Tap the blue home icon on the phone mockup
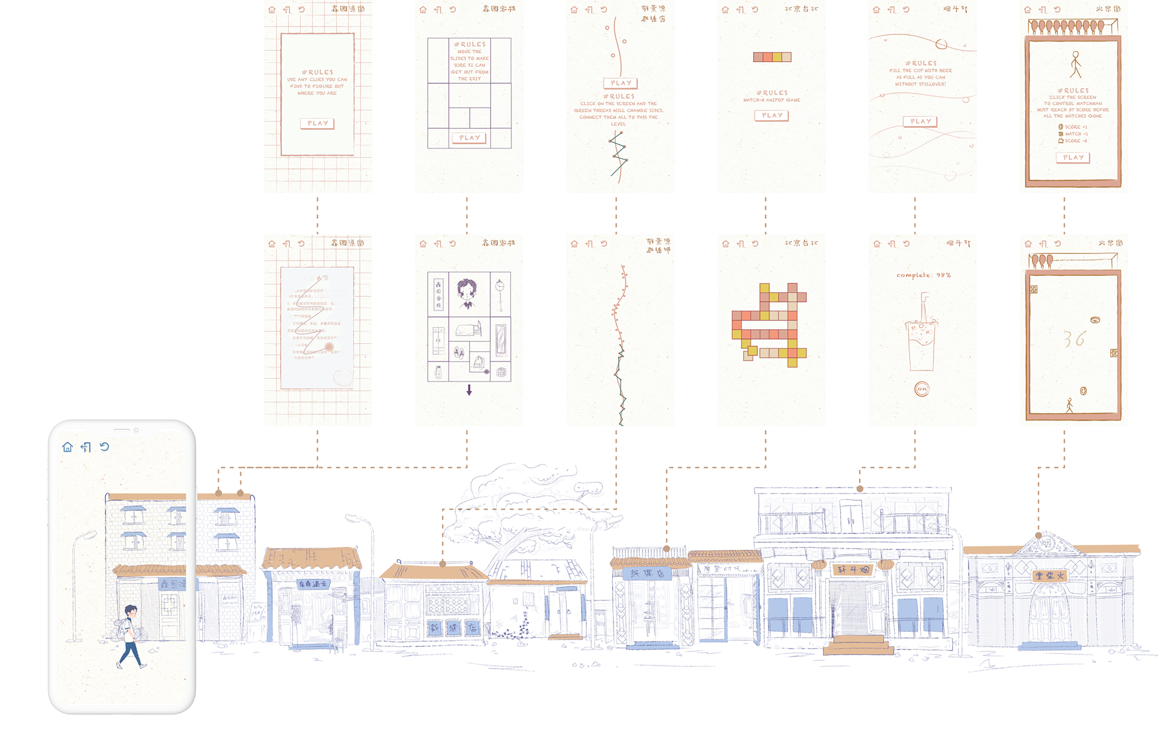[68, 447]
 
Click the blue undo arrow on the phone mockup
[104, 447]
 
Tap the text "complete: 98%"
[923, 275]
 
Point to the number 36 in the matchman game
[1074, 339]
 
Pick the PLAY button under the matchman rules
[1073, 157]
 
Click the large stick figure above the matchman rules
[1075, 64]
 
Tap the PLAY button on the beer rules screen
[920, 121]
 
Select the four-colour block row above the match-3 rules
[771, 57]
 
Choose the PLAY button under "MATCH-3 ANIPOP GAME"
[771, 115]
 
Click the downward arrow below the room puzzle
[469, 390]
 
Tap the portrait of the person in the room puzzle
[466, 293]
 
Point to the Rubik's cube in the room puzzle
[501, 372]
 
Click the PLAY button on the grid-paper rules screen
[317, 123]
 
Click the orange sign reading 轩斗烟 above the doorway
[852, 570]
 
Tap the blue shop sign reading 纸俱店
[647, 573]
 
